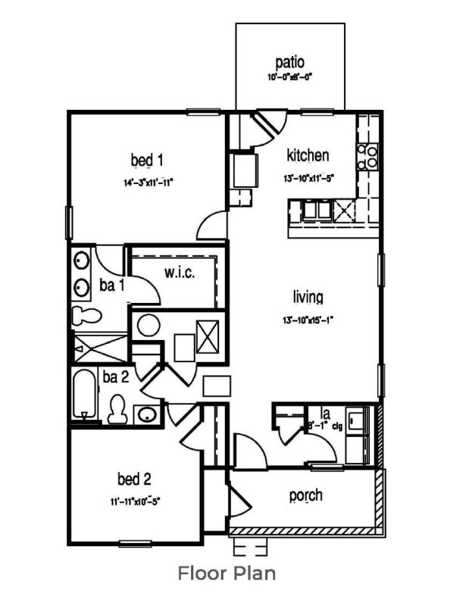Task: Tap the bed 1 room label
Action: tap(147, 160)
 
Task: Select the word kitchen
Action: tap(308, 156)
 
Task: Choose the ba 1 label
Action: tap(111, 286)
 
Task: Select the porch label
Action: tap(306, 495)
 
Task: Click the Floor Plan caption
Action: tap(227, 573)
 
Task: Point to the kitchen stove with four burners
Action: tap(368, 155)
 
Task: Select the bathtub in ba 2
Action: tap(83, 395)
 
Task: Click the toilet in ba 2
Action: tap(117, 408)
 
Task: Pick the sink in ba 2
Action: tap(148, 414)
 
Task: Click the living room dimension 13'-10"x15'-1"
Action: tap(306, 320)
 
